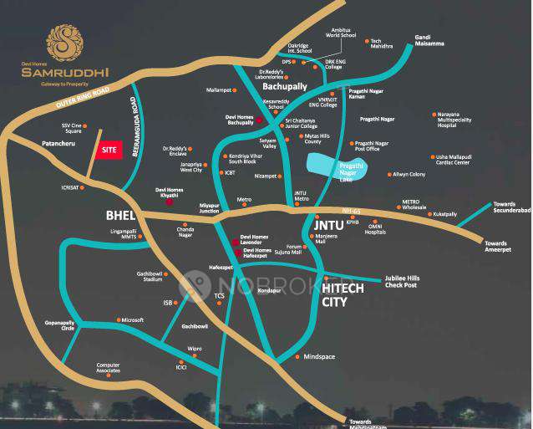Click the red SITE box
pos(108,150)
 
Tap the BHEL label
pos(119,215)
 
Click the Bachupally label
pos(285,86)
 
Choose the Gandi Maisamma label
pos(429,40)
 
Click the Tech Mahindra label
pos(381,45)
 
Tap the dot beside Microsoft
pos(118,319)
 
